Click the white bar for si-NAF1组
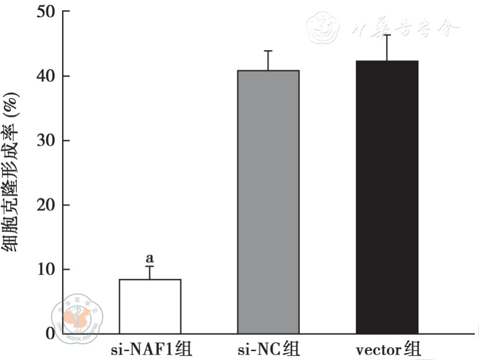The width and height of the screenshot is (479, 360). point(150,305)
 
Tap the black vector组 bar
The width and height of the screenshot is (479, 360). point(387,197)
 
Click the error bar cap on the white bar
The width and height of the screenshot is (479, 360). point(149,267)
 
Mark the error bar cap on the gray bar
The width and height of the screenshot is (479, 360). point(268,51)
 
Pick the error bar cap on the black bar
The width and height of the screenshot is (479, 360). point(387,35)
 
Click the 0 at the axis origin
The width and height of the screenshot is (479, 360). point(50,334)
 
